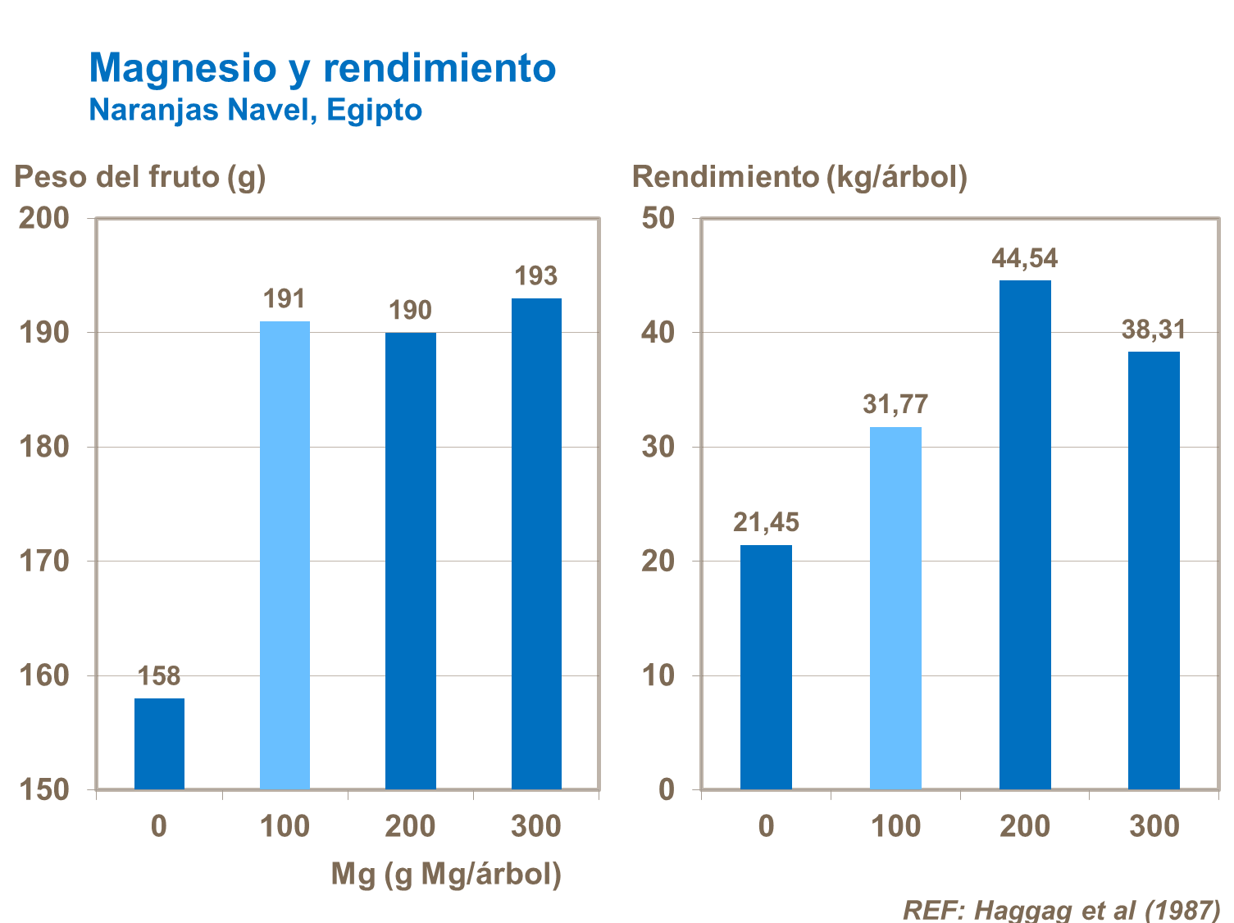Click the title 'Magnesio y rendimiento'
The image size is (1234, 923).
tap(322, 68)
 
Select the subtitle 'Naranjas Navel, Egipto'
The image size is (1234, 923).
tap(255, 110)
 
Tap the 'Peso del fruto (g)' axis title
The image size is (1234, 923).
tap(140, 177)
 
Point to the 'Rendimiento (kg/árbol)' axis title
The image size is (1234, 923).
tap(799, 177)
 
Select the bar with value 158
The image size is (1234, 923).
tap(159, 743)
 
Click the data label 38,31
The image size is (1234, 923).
tap(1154, 330)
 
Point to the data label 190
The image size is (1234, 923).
tap(410, 311)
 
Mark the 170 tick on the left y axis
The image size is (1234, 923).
tap(44, 562)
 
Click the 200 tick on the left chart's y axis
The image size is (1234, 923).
tap(44, 218)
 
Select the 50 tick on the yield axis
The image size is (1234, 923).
tap(658, 218)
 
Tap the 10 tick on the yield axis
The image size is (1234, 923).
tap(658, 675)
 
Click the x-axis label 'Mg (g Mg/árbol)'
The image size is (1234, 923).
tap(446, 875)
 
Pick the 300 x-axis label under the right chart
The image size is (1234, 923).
tap(1154, 826)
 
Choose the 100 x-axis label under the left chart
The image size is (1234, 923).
tap(285, 826)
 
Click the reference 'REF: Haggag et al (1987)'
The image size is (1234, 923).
tap(1061, 910)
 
